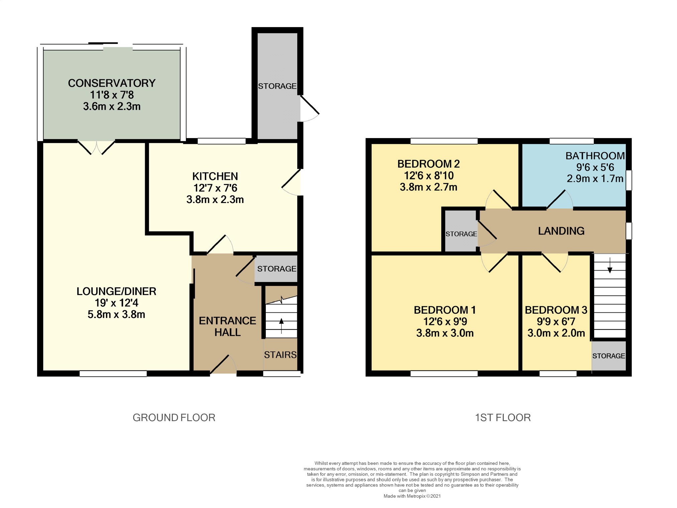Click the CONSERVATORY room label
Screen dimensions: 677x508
[x=112, y=83]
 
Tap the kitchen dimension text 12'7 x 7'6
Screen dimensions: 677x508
[x=215, y=188]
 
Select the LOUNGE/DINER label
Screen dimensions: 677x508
[x=116, y=291]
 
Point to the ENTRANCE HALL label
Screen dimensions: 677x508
[x=227, y=326]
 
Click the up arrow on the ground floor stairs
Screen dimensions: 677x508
[x=281, y=326]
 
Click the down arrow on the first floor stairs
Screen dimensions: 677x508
[x=610, y=265]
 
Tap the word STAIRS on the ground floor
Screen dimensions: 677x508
[x=280, y=355]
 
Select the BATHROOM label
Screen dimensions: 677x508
[x=595, y=156]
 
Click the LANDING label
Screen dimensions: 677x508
[x=561, y=231]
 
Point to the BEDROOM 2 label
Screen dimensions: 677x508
[x=429, y=164]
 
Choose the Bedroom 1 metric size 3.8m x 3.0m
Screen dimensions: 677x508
[x=445, y=333]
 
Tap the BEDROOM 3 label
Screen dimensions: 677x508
[x=556, y=310]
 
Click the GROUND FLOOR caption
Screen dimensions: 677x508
[x=174, y=418]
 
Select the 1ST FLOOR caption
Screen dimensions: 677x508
[x=503, y=418]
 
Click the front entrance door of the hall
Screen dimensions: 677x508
[x=223, y=365]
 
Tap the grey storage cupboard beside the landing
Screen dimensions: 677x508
[x=461, y=231]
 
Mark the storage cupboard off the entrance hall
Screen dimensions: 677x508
[x=276, y=269]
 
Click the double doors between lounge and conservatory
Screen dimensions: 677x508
[x=96, y=147]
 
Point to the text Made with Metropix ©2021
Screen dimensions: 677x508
[x=412, y=496]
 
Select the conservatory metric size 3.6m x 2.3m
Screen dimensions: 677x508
[x=112, y=106]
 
